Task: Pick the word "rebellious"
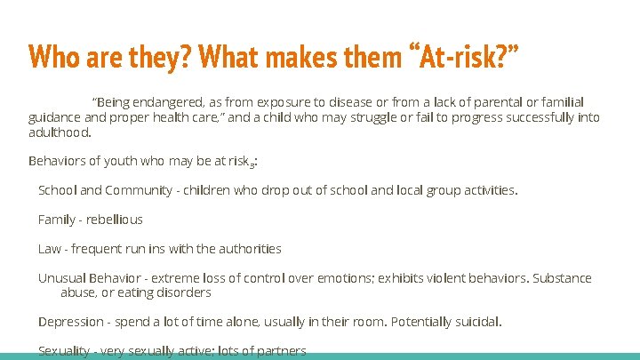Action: coord(114,220)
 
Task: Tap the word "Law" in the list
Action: coord(50,249)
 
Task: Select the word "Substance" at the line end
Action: coord(562,278)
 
